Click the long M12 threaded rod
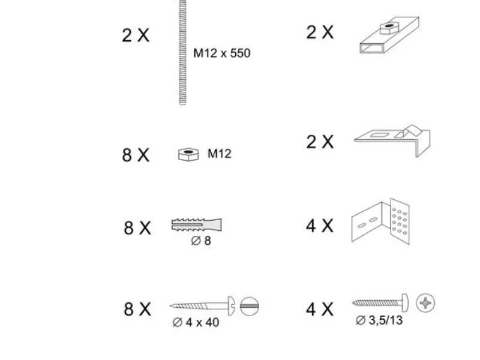click(182, 52)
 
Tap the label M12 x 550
click(222, 53)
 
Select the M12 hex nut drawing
click(188, 154)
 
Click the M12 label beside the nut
click(219, 154)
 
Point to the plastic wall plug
click(196, 224)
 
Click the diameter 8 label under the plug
click(201, 241)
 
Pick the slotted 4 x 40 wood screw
click(202, 305)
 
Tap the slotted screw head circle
click(250, 306)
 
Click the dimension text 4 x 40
click(196, 322)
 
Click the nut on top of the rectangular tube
click(389, 28)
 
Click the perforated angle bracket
click(380, 221)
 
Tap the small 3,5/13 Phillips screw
click(380, 303)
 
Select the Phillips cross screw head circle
click(425, 303)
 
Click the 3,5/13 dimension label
click(379, 320)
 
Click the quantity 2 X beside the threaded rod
click(136, 35)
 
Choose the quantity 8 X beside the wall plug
click(137, 228)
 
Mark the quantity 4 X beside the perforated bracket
click(320, 226)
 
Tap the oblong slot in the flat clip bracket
click(379, 134)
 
